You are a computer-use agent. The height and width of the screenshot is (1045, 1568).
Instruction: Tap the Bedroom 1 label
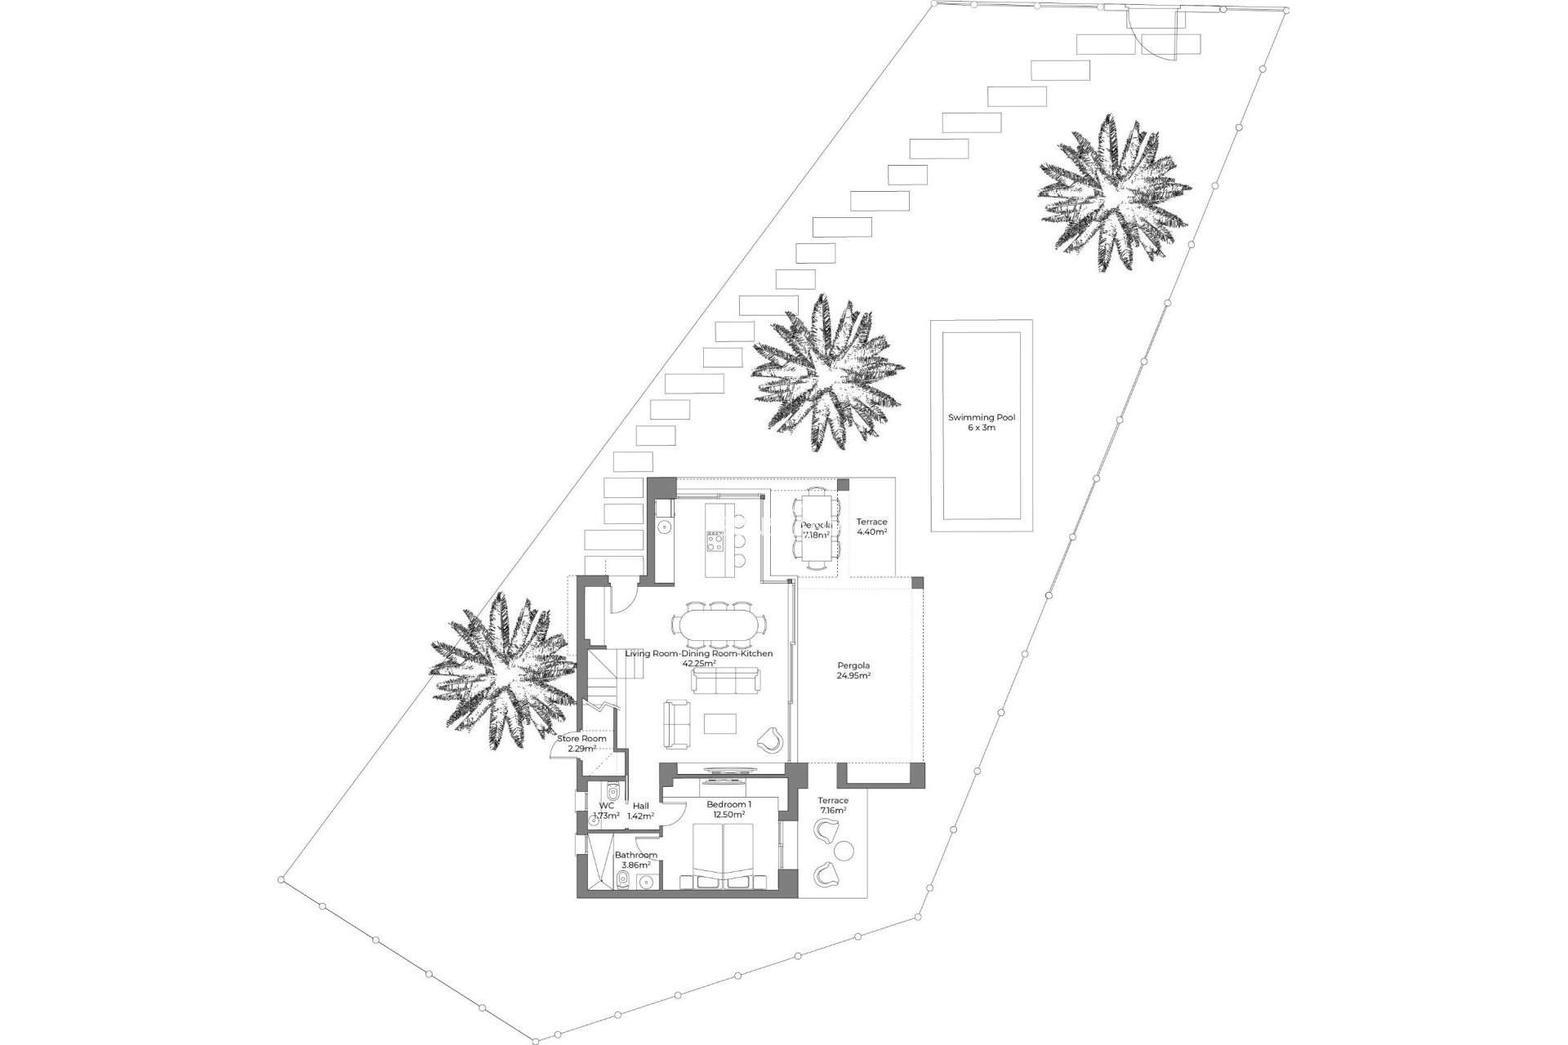[x=728, y=804]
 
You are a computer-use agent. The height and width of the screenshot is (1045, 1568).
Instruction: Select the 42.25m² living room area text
[x=699, y=664]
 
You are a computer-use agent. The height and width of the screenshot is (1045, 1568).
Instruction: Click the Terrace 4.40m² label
[x=871, y=527]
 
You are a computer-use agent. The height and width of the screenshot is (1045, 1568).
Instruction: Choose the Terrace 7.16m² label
[x=833, y=805]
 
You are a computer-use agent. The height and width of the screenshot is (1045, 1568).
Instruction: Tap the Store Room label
[x=581, y=739]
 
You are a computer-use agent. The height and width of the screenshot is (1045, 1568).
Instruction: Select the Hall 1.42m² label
[x=641, y=811]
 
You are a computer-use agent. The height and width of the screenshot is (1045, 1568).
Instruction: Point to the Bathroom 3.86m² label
[x=635, y=860]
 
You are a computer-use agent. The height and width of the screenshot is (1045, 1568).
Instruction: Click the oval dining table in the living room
[x=719, y=625]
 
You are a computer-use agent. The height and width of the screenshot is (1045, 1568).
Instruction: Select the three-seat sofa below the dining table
[x=726, y=680]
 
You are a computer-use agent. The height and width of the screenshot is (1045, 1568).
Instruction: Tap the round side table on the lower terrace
[x=844, y=850]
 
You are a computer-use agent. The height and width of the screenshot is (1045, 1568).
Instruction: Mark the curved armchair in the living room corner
[x=770, y=740]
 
